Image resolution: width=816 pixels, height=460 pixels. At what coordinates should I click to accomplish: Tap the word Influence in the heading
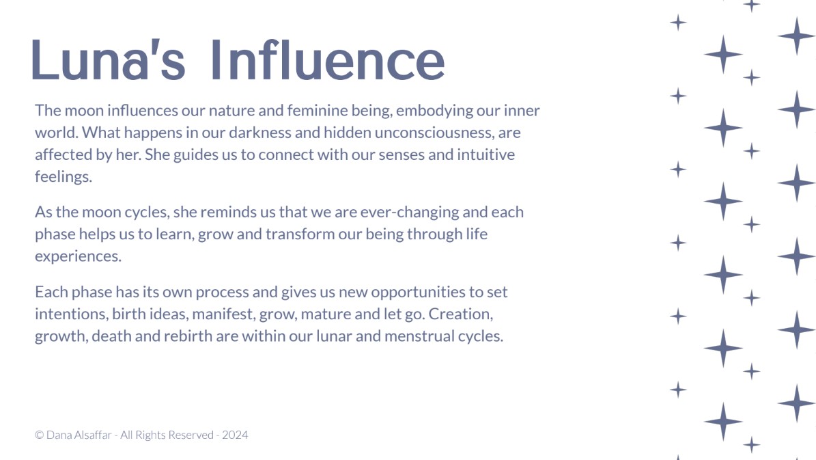328,59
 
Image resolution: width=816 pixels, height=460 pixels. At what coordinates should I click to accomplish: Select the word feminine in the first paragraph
318,111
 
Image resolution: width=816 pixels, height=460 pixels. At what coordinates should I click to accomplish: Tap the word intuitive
486,154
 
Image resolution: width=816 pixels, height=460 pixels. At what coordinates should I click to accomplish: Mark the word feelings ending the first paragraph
64,177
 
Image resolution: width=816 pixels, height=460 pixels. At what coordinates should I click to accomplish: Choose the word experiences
78,257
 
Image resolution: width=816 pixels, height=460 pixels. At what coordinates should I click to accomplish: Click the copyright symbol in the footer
39,435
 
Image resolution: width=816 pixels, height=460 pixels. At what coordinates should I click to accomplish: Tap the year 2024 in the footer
235,435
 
